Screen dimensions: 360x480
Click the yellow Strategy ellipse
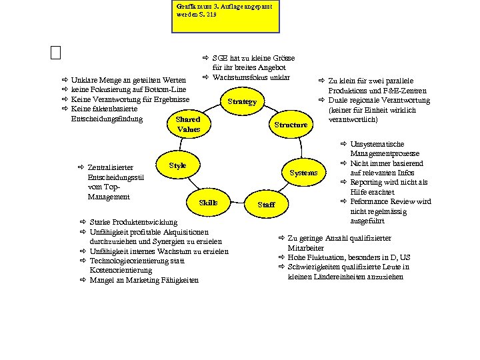(241, 102)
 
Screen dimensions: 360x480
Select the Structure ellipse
(291, 125)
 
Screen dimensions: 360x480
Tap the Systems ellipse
(304, 173)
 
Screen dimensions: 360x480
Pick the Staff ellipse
(266, 204)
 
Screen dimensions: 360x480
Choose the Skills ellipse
(208, 202)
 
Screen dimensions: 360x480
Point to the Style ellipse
(177, 165)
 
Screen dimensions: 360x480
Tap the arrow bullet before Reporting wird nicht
(344, 182)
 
